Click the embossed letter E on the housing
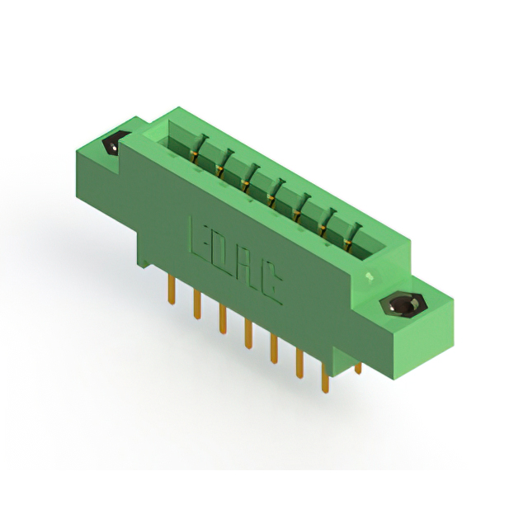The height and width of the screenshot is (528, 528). [x=200, y=242]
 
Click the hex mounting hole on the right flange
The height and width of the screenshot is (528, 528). [x=403, y=306]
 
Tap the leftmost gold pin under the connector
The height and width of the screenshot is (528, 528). [x=172, y=290]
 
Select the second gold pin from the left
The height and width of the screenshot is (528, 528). [x=197, y=305]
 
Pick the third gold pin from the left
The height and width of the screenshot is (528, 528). [x=222, y=319]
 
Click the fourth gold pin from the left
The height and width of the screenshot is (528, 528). [x=248, y=334]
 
